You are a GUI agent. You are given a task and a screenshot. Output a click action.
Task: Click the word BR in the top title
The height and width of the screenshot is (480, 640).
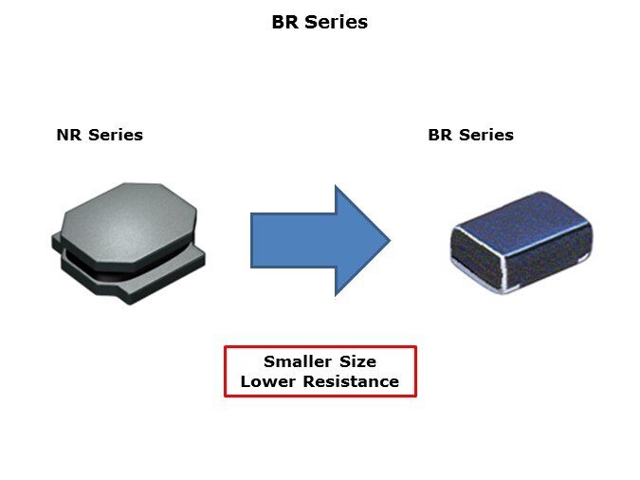(285, 22)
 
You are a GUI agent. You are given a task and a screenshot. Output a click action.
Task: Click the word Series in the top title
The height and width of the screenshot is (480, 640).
(337, 22)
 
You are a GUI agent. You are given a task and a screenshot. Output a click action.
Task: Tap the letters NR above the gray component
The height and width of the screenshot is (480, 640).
(69, 135)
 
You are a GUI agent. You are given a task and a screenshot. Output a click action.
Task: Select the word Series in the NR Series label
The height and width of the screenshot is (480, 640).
(116, 135)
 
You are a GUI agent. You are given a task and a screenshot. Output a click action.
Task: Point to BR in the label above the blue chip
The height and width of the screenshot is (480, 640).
(440, 135)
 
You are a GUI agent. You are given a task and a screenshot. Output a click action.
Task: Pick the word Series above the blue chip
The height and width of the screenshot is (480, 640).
(486, 135)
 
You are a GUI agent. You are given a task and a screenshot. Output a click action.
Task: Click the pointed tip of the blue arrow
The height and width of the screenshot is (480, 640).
(390, 240)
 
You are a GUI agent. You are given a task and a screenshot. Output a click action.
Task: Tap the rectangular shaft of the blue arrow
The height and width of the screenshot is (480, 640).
(293, 240)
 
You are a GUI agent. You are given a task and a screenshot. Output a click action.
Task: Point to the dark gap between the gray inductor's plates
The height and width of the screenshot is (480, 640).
(94, 268)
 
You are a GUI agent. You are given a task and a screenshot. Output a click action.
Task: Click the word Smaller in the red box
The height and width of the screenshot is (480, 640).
(297, 361)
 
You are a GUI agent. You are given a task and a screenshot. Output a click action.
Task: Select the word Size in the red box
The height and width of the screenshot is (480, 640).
(358, 361)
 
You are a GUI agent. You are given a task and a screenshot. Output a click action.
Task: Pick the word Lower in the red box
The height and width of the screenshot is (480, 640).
(267, 381)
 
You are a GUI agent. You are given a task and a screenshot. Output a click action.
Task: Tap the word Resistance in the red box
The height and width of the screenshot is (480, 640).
(351, 381)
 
